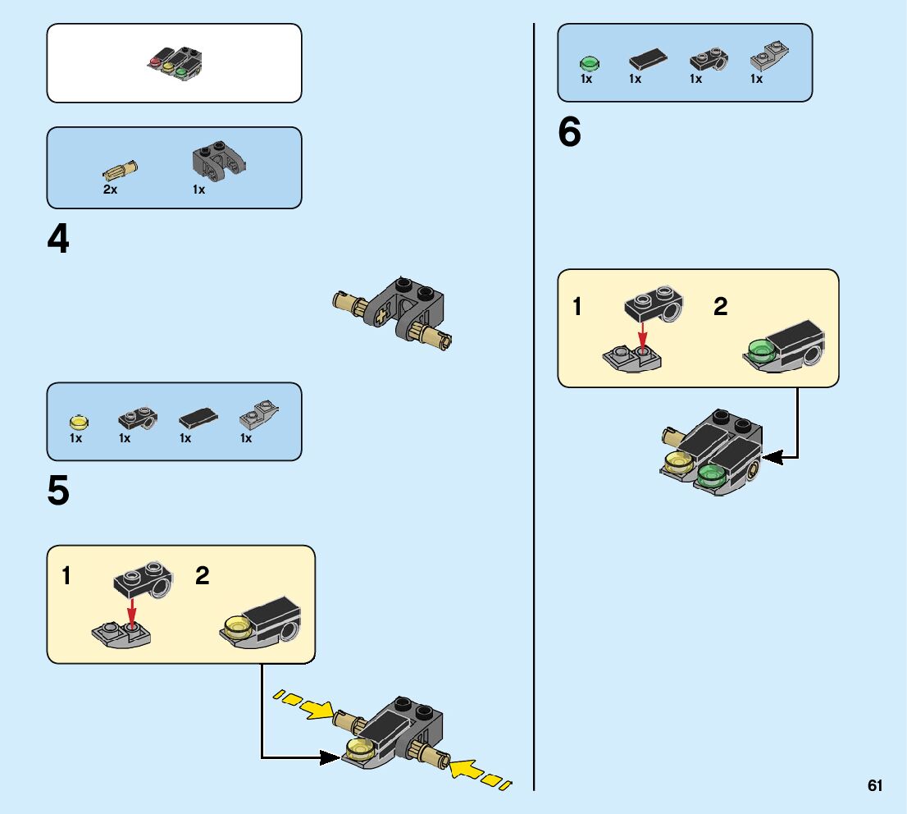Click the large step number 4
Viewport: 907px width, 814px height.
tap(58, 240)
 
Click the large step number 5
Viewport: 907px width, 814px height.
tap(58, 492)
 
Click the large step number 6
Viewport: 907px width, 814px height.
tap(569, 133)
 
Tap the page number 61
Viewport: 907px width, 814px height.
tap(875, 786)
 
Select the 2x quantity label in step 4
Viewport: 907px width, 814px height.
tap(110, 190)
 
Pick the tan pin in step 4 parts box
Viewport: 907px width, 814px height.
tap(121, 170)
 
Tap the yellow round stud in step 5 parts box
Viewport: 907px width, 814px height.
tap(78, 422)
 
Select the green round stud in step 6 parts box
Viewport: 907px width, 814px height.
tap(589, 62)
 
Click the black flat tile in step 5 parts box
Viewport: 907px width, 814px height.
tap(198, 418)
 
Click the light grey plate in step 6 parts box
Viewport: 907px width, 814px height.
tap(768, 57)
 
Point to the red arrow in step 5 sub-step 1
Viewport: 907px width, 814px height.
tap(130, 610)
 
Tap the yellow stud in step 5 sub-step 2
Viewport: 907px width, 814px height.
tap(236, 628)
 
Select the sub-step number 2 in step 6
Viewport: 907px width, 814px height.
tap(720, 307)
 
